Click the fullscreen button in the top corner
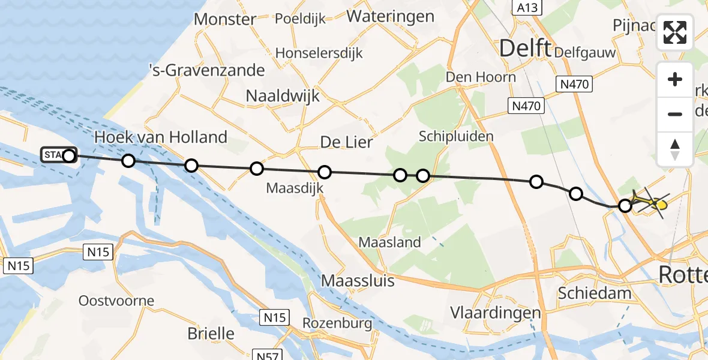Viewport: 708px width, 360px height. pos(675,32)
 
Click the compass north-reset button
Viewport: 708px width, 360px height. pos(675,149)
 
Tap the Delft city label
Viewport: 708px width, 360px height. pos(525,48)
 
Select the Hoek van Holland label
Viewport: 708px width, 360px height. pos(161,137)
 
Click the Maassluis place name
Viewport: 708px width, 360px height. pos(358,280)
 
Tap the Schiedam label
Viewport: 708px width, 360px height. pos(595,293)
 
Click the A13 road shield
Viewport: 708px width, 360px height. pos(527,8)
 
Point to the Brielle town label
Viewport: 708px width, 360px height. pos(211,333)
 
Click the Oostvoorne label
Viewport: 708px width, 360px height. pos(116,301)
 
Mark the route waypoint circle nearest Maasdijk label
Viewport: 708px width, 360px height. pos(324,173)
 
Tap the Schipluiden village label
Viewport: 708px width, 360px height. pos(457,136)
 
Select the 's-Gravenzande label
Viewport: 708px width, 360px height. pos(206,70)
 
